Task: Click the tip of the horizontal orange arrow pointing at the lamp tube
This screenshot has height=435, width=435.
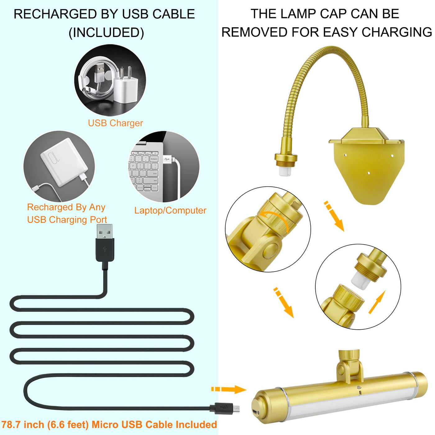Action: click(246, 389)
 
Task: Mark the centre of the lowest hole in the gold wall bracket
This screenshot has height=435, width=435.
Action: click(369, 173)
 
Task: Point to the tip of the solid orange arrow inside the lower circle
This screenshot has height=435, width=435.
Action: click(385, 291)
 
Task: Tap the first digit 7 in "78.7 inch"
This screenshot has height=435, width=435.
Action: click(5, 424)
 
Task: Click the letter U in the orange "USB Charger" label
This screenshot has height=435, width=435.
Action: click(91, 123)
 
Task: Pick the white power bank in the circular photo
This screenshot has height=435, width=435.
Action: click(64, 162)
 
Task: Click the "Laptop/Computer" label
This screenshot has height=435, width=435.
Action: click(170, 210)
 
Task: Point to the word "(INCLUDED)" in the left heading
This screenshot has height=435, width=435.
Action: click(106, 33)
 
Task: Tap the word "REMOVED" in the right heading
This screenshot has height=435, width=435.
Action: click(254, 32)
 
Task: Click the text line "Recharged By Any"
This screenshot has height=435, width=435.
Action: click(66, 208)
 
